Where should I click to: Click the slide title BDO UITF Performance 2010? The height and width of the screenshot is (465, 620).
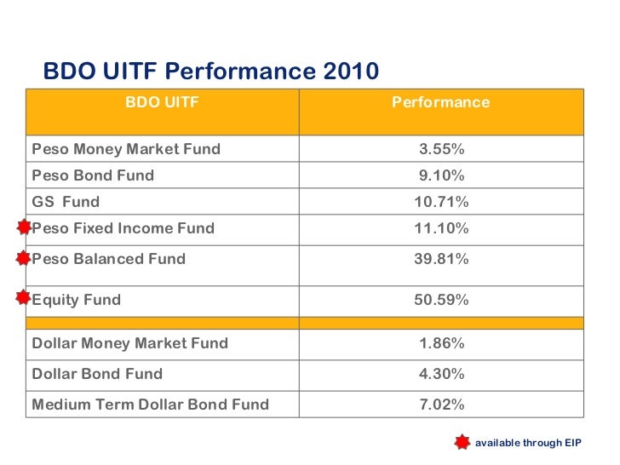[x=210, y=70]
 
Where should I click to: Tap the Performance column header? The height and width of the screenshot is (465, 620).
[x=440, y=102]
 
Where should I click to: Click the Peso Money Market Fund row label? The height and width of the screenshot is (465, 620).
[x=126, y=149]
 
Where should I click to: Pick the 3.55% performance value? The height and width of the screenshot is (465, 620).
[x=441, y=149]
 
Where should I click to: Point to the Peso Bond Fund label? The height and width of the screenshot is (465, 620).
[x=93, y=175]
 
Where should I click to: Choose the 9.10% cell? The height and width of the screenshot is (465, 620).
[x=441, y=175]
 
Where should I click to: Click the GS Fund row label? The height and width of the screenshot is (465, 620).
[x=66, y=202]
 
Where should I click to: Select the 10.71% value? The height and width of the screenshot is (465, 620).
[x=441, y=202]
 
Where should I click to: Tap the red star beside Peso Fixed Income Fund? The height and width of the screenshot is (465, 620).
[x=24, y=227]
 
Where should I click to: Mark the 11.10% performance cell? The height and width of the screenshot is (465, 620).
[x=441, y=228]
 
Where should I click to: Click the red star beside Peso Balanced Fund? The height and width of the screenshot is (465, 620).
[x=24, y=257]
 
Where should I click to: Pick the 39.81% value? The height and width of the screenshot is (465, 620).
[x=441, y=259]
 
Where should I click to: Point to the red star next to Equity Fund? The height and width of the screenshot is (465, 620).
[x=24, y=297]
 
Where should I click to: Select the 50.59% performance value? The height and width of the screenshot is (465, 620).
[x=441, y=300]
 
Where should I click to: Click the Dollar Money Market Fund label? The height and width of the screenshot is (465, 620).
[x=129, y=343]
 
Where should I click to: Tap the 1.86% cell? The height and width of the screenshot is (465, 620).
[x=441, y=343]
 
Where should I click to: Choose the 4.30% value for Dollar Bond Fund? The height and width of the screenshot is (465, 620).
[x=441, y=374]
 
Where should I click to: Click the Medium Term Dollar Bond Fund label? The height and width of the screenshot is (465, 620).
[x=150, y=405]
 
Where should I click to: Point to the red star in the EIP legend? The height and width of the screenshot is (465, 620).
[x=462, y=442]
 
